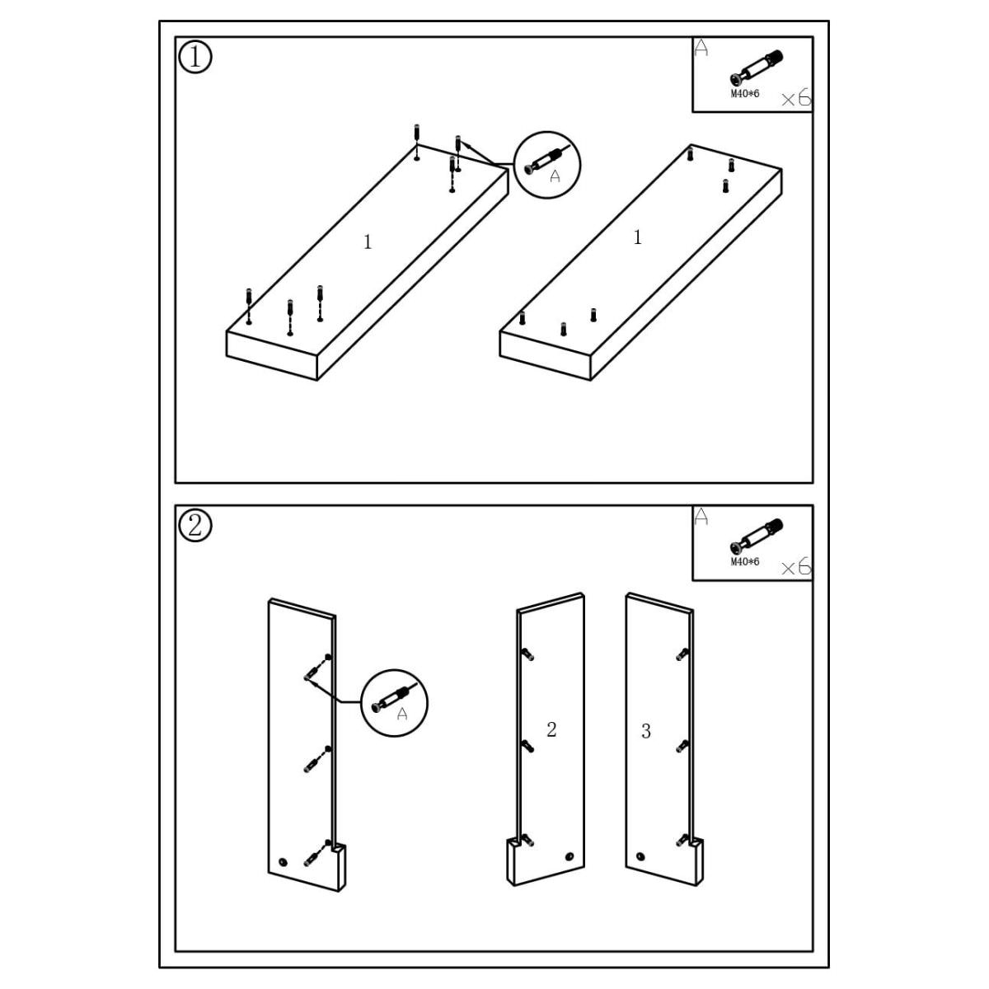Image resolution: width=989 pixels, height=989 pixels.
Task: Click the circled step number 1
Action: point(195,57)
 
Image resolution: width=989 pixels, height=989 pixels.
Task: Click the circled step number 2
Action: point(195,525)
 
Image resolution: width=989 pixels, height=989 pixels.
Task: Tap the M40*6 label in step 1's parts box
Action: point(745,94)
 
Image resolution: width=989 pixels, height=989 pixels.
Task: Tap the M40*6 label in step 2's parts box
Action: point(745,562)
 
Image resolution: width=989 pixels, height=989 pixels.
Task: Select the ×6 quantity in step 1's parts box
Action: point(795,99)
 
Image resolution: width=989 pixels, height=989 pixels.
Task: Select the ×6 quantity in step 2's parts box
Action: point(795,567)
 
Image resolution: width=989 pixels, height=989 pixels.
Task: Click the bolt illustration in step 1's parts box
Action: point(756,68)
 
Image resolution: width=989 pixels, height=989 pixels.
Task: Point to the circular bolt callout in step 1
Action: point(547,165)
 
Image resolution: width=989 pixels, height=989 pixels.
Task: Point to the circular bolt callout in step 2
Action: point(395,703)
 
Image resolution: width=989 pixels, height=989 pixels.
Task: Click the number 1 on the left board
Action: point(368,242)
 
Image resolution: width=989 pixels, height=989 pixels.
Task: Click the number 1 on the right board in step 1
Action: point(637,238)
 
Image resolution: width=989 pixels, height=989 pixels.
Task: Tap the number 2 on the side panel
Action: point(551,729)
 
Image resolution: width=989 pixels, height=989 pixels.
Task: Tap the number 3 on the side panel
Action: point(646,731)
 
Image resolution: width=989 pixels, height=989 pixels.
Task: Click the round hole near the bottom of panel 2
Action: point(569,857)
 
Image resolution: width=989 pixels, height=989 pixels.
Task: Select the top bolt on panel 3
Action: point(682,654)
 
